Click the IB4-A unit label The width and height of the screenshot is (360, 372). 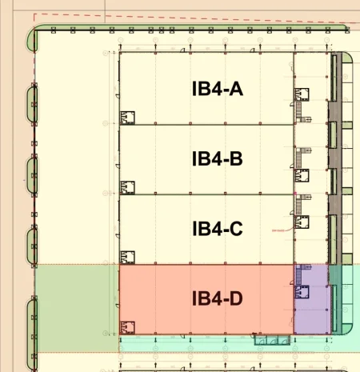tap(217, 89)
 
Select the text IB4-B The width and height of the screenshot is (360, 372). tap(217, 158)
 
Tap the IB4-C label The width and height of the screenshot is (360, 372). tap(217, 229)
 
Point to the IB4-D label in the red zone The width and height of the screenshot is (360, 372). tap(217, 299)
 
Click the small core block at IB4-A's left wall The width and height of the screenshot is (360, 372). tap(127, 118)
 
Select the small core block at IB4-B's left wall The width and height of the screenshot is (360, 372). tap(127, 188)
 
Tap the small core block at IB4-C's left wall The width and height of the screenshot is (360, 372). tap(127, 258)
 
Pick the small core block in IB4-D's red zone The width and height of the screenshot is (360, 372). tap(127, 327)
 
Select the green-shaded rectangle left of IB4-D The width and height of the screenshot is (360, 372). tap(76, 308)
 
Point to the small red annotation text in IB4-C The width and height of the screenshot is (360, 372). tap(279, 231)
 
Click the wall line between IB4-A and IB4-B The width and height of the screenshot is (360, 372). tap(206, 125)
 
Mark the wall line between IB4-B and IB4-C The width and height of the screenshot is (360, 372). tap(206, 195)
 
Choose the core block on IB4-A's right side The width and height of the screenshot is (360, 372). tap(302, 94)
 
